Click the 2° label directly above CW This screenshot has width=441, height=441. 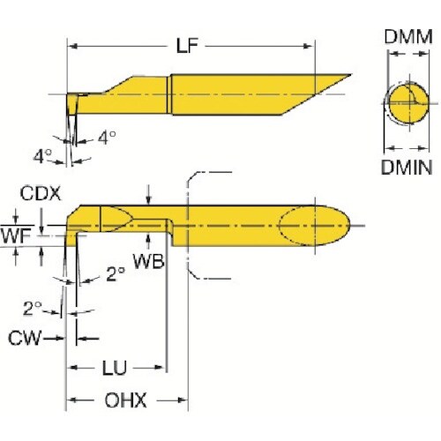(x=34, y=308)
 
